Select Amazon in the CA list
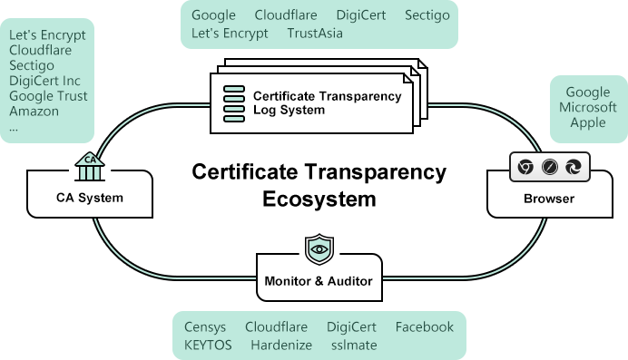click(x=34, y=112)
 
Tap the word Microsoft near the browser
click(x=587, y=107)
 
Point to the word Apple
click(x=587, y=122)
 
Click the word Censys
click(x=205, y=326)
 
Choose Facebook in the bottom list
click(x=424, y=326)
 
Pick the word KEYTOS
click(x=208, y=345)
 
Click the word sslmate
click(x=353, y=345)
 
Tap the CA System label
click(x=89, y=197)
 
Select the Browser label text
click(x=548, y=198)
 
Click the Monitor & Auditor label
click(x=318, y=280)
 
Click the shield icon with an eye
click(x=319, y=248)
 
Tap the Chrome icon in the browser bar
click(x=525, y=167)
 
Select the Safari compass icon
click(x=548, y=167)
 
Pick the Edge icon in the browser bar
click(x=573, y=167)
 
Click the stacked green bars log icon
click(x=234, y=102)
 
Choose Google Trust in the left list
click(x=48, y=96)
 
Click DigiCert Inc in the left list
click(x=44, y=81)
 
